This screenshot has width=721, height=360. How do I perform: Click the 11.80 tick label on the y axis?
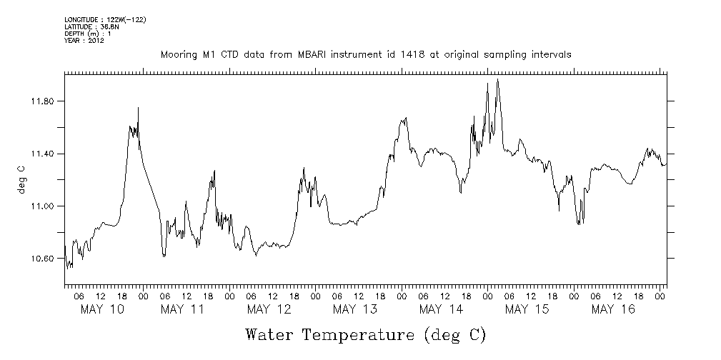(43, 101)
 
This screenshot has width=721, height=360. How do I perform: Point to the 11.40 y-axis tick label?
(43, 154)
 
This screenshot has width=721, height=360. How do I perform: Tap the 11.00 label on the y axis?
(43, 206)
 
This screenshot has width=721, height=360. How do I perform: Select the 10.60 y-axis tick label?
(43, 259)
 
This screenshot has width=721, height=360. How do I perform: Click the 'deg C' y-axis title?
(22, 180)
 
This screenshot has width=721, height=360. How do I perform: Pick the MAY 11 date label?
(182, 309)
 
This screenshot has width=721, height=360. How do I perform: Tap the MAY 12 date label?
(268, 309)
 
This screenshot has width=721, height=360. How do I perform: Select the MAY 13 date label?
(354, 309)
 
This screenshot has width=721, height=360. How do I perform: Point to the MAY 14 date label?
(440, 309)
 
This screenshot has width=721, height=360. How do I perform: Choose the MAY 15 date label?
(527, 309)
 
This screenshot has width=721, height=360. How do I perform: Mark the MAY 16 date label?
(613, 309)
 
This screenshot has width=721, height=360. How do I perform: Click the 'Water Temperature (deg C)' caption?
(365, 335)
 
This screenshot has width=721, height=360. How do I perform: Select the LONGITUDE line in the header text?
(105, 19)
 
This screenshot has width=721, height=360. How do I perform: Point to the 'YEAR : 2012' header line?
(84, 41)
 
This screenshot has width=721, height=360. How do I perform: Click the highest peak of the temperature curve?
(497, 79)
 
